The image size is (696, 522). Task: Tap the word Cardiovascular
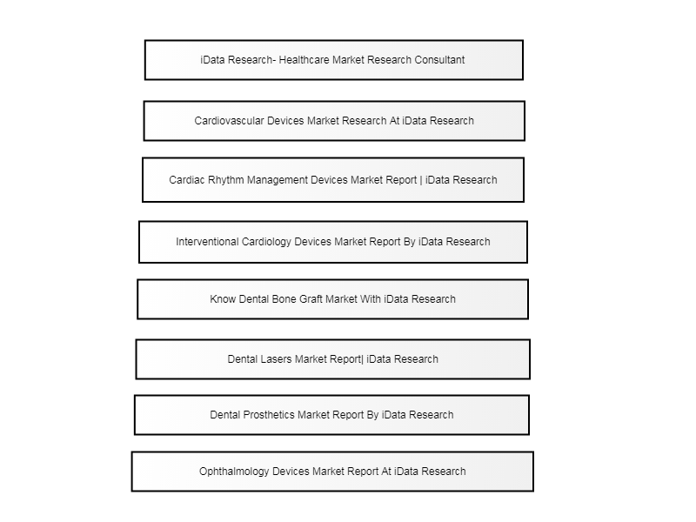coord(229,121)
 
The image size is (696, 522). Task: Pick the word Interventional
coord(207,242)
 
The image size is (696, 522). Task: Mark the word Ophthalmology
coord(234,472)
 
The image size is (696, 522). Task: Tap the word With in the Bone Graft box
coord(371,299)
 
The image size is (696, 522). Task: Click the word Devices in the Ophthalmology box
coord(290,472)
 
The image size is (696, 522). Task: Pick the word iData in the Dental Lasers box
coord(379,359)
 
